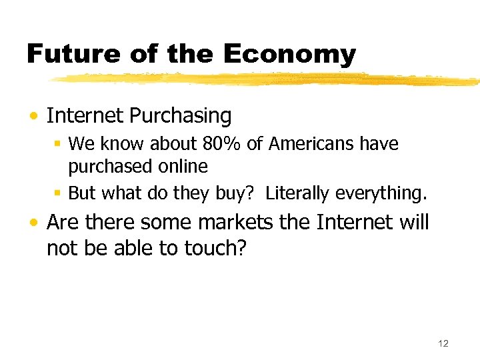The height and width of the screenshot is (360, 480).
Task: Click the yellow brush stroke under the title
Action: (267, 79)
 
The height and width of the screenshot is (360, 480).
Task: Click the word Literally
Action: (298, 193)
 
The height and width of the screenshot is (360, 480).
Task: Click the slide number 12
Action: (443, 343)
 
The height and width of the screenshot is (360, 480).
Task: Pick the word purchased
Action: (104, 167)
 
